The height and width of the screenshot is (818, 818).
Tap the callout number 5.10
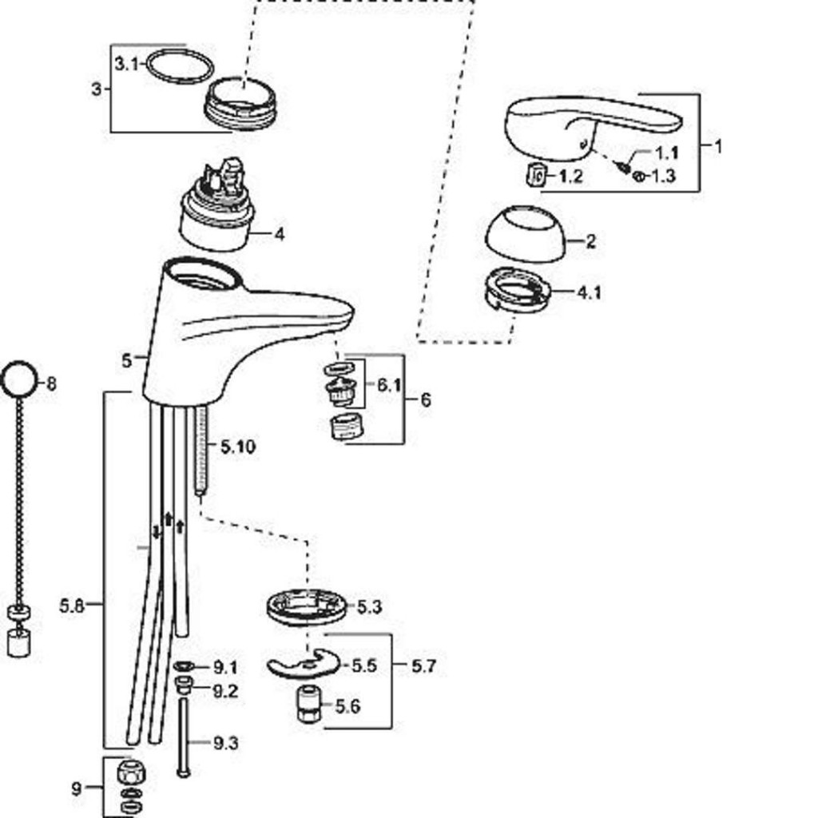tap(238, 447)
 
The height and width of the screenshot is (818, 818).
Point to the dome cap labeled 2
tap(526, 234)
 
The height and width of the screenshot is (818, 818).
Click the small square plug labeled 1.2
tap(536, 174)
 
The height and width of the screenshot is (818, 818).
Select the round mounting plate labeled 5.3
tap(306, 607)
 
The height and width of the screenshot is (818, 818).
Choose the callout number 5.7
tap(423, 666)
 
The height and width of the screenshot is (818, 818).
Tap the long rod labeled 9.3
tap(184, 737)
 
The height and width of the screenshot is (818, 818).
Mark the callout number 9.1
tap(225, 667)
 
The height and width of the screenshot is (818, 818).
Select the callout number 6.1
tap(389, 386)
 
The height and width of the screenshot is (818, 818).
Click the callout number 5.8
tap(72, 606)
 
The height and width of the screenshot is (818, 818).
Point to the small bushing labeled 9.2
tap(184, 685)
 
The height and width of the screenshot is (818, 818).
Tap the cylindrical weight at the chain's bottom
tap(19, 643)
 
